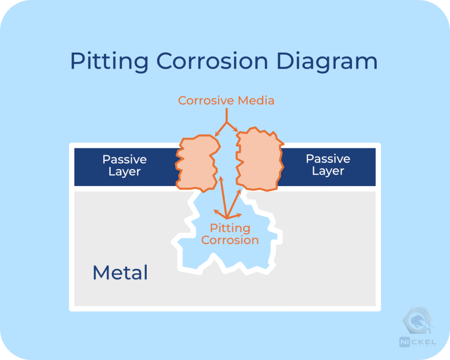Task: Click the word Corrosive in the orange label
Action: (x=206, y=101)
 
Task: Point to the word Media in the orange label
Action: (x=256, y=101)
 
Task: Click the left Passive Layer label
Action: (x=124, y=165)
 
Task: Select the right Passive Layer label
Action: (x=328, y=165)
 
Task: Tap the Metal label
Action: (x=120, y=273)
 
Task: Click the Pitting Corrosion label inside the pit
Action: (x=230, y=234)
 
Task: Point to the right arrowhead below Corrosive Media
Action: (x=237, y=130)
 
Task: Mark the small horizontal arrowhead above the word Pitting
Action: (x=240, y=215)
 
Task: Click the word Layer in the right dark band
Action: (x=328, y=171)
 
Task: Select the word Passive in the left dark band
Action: (x=124, y=159)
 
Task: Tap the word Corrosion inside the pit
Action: (x=230, y=240)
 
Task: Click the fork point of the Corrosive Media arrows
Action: (x=226, y=122)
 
